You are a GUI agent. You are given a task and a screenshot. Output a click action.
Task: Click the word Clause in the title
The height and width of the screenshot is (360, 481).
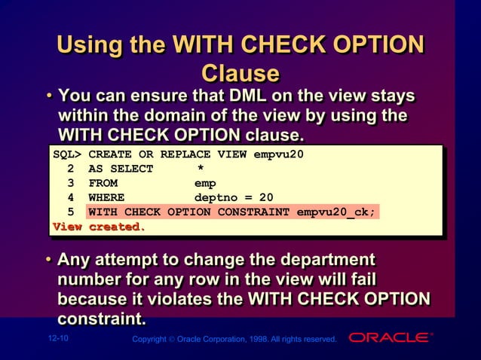(240, 73)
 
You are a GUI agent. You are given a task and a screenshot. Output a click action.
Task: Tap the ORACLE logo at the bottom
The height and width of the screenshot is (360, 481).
(391, 337)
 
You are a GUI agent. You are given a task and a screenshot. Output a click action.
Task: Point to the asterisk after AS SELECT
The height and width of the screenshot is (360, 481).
(201, 169)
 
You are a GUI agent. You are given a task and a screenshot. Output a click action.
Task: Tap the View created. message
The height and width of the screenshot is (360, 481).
(98, 227)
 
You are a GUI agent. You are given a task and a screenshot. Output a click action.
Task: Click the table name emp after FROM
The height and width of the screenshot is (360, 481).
(205, 183)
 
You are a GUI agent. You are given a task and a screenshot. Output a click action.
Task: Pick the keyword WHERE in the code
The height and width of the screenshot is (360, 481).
(106, 197)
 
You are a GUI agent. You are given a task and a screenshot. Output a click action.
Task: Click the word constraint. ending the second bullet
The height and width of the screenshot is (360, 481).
(102, 319)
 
